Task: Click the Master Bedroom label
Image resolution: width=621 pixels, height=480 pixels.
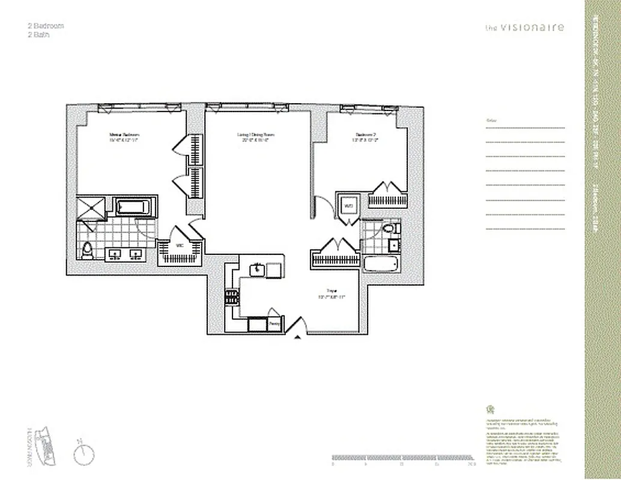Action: [x=124, y=135]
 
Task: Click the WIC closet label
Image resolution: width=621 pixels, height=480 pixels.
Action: [x=178, y=245]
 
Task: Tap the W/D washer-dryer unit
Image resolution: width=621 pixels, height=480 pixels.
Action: [x=348, y=206]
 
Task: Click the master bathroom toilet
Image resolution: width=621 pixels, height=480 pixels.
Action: [x=88, y=250]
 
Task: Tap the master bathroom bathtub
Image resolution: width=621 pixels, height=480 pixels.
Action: [x=132, y=208]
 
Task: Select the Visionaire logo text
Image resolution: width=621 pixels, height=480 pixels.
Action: [x=525, y=27]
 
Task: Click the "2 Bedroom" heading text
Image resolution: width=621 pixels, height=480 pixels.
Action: [x=46, y=26]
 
